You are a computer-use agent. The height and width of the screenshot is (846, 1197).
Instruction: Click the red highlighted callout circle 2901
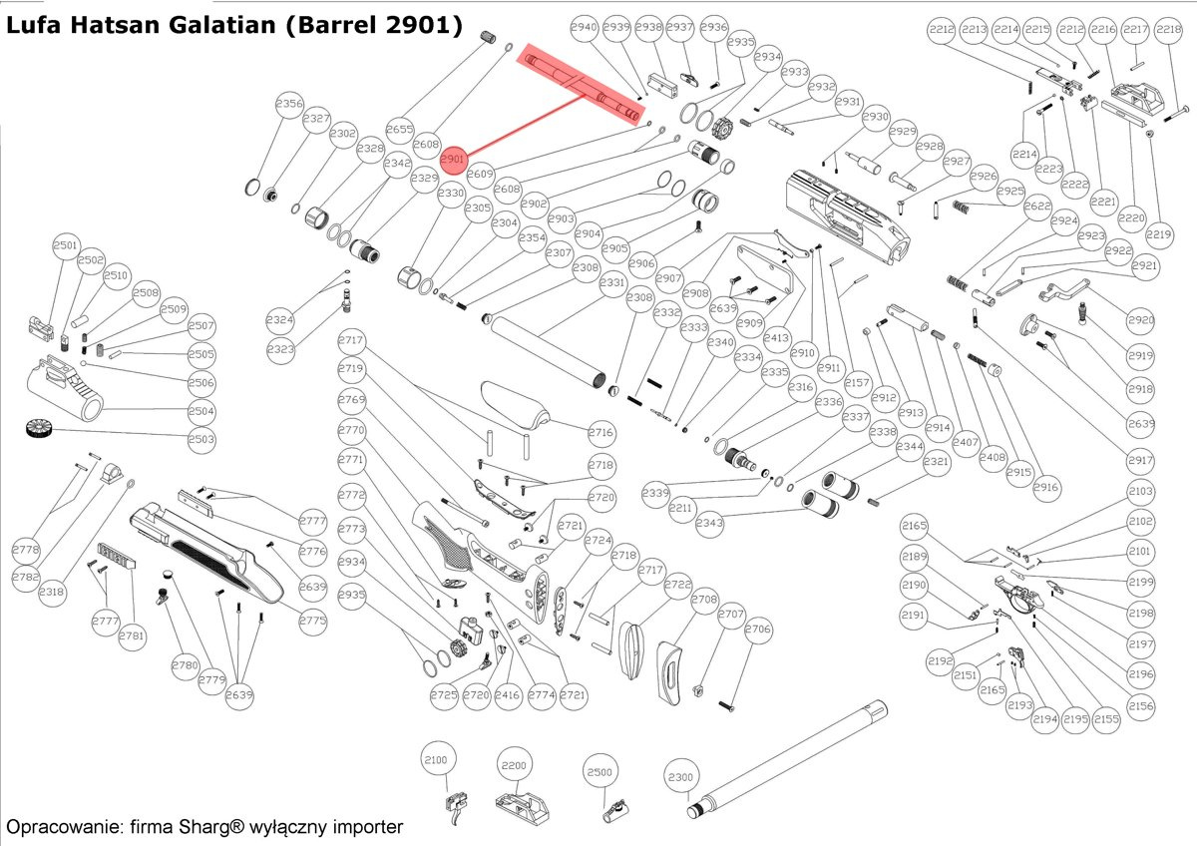(x=453, y=159)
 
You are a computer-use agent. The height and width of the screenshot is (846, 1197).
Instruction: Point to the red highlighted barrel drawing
(x=584, y=86)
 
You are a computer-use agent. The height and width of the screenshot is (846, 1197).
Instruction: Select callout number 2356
(x=289, y=105)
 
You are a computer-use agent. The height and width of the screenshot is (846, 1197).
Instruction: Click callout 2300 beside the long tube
(x=680, y=776)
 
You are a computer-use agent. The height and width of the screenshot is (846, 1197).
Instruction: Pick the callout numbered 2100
(x=436, y=759)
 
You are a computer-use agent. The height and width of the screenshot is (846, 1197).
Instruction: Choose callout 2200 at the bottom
(x=514, y=766)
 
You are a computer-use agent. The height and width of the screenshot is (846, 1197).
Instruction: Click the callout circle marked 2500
(x=598, y=772)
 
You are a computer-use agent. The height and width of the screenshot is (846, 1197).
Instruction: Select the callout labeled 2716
(x=600, y=433)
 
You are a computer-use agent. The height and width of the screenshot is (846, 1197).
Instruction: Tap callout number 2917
(x=1141, y=461)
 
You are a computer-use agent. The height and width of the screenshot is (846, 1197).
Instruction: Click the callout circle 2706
(x=758, y=630)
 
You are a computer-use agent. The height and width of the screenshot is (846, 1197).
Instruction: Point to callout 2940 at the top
(x=584, y=28)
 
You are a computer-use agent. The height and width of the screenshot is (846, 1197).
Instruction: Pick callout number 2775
(x=312, y=620)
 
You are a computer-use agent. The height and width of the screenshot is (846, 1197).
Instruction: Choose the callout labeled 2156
(x=1141, y=705)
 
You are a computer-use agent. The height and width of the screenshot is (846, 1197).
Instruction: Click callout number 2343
(x=710, y=523)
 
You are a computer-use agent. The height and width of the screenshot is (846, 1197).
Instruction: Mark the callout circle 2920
(x=1141, y=321)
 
